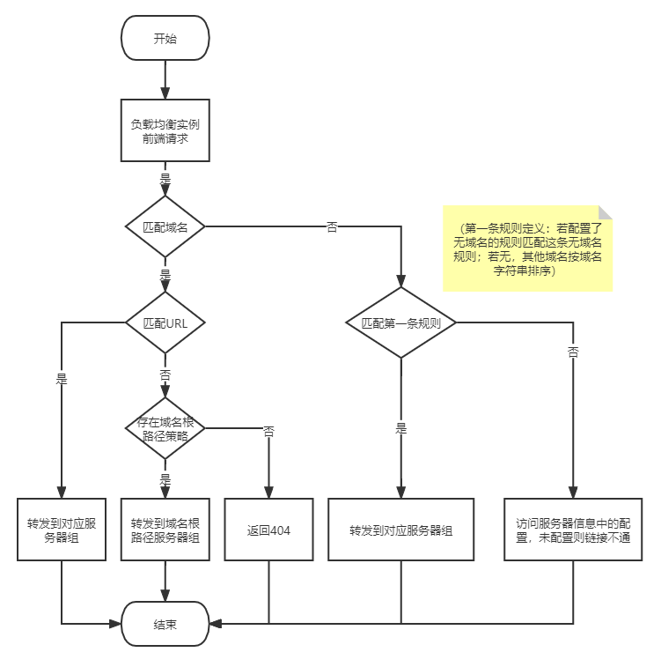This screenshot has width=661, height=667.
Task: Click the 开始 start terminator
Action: (165, 39)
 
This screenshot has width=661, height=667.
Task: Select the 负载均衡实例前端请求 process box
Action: (165, 130)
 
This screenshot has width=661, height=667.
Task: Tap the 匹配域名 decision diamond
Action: (165, 226)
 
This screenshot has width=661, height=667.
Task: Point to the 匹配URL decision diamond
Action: (165, 322)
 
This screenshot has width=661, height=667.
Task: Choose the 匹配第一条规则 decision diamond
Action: (400, 322)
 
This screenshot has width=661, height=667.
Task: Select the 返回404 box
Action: (268, 530)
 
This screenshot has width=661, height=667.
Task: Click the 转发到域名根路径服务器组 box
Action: (165, 530)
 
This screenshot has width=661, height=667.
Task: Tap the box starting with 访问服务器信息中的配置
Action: (573, 530)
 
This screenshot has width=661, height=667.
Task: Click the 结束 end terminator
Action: (165, 624)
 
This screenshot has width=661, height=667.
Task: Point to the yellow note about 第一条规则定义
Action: (527, 249)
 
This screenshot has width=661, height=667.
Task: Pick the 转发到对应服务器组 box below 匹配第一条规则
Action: (400, 530)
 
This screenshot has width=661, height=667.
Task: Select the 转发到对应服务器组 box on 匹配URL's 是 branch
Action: (62, 530)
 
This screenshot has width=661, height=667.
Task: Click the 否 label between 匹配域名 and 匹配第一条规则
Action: (333, 227)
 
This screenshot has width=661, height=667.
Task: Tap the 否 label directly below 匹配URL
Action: (165, 374)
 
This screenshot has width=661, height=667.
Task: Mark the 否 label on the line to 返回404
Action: (268, 431)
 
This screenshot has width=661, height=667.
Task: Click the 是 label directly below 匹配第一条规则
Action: (400, 429)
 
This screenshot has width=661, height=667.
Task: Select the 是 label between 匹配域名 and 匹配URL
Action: (165, 275)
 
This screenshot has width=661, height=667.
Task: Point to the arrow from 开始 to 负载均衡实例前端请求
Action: (165, 79)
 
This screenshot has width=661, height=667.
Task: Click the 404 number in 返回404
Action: (280, 530)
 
